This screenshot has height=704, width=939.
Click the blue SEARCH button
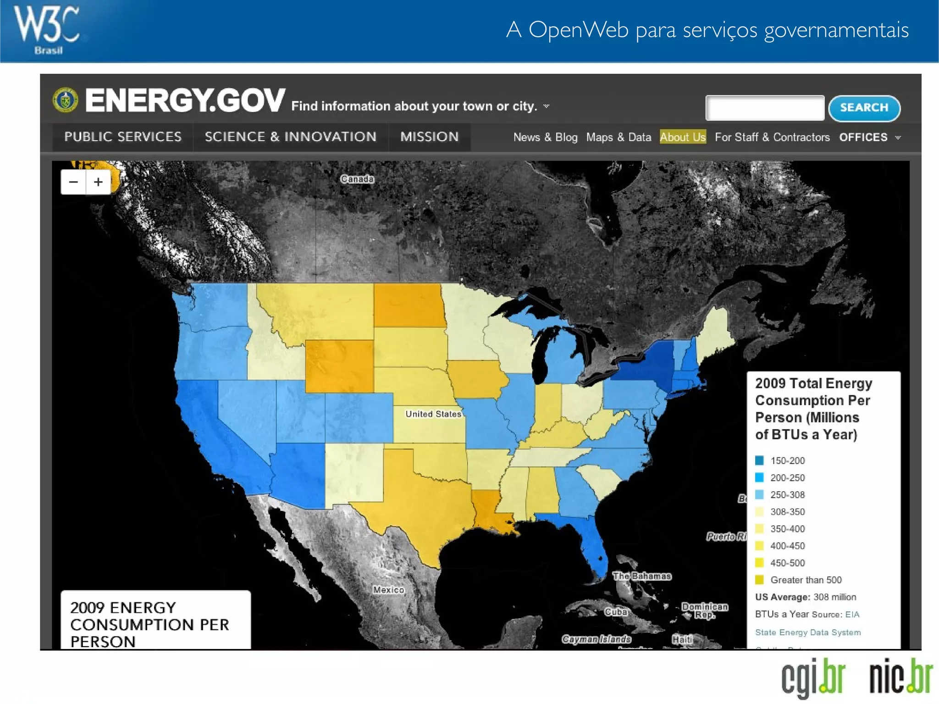click(864, 108)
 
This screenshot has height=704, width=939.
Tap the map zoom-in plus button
click(98, 182)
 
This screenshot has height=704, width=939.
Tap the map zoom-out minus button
click(73, 182)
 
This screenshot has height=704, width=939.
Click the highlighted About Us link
click(682, 137)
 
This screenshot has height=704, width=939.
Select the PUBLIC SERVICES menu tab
click(123, 137)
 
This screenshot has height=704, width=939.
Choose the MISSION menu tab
click(429, 137)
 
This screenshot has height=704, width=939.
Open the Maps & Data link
click(618, 137)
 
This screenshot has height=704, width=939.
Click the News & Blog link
click(545, 137)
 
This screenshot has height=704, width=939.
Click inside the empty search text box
click(764, 108)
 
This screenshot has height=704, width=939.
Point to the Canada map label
click(357, 179)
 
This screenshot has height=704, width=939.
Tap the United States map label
click(433, 414)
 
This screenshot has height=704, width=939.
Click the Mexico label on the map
click(388, 590)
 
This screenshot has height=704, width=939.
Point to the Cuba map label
click(615, 612)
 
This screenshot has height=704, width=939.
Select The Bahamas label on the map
click(641, 576)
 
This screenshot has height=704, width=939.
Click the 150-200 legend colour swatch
click(759, 460)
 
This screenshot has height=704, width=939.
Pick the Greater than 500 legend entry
click(806, 580)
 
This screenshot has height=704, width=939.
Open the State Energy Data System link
click(807, 632)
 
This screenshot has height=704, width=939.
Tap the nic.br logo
click(900, 676)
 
